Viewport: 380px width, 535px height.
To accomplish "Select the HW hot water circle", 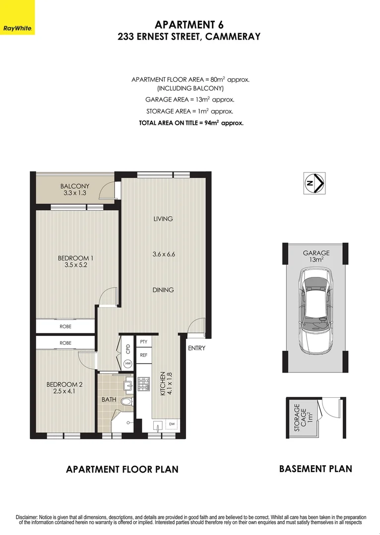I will (128, 364).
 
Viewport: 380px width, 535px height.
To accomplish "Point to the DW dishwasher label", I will (172, 424).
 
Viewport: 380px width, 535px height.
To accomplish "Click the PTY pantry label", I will (144, 342).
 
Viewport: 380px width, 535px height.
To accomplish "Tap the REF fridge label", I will (144, 355).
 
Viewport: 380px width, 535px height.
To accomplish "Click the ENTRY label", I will (196, 348).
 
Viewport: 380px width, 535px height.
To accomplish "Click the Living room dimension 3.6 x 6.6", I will (163, 254).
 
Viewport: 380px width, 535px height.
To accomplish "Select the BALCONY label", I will (75, 186).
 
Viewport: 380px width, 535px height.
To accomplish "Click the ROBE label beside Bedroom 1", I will (65, 326).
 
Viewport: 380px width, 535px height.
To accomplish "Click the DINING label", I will (163, 290).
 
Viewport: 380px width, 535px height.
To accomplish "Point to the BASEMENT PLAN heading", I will (316, 469).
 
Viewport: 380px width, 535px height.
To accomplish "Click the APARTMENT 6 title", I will (186, 25).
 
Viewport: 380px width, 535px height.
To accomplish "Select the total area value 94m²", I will (212, 123).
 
